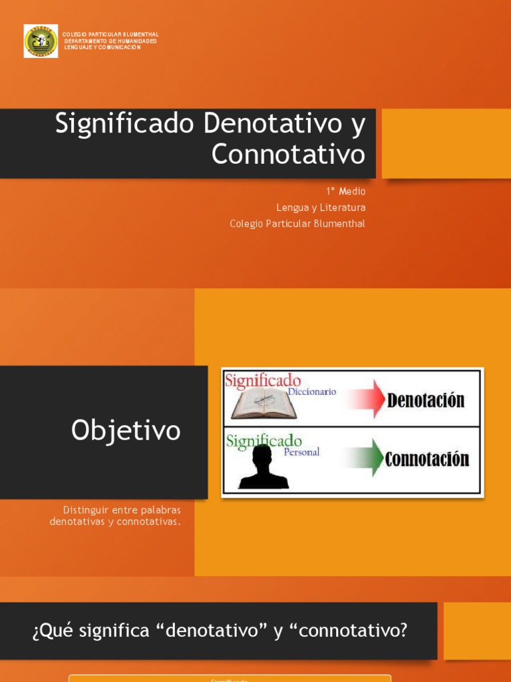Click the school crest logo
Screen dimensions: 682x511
41,41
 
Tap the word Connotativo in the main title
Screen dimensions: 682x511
288,155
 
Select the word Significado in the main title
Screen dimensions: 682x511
124,124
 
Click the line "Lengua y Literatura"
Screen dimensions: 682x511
321,208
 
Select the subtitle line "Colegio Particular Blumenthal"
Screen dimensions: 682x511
297,224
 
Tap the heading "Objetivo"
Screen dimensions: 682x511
126,431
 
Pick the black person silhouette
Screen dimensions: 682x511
263,467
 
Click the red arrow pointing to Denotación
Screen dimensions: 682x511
361,399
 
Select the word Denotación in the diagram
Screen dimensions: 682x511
426,400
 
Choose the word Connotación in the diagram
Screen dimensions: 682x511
427,459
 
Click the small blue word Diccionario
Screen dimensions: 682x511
311,392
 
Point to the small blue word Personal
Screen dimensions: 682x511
301,452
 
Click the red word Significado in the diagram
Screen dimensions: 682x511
263,381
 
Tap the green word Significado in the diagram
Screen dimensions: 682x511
263,440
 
